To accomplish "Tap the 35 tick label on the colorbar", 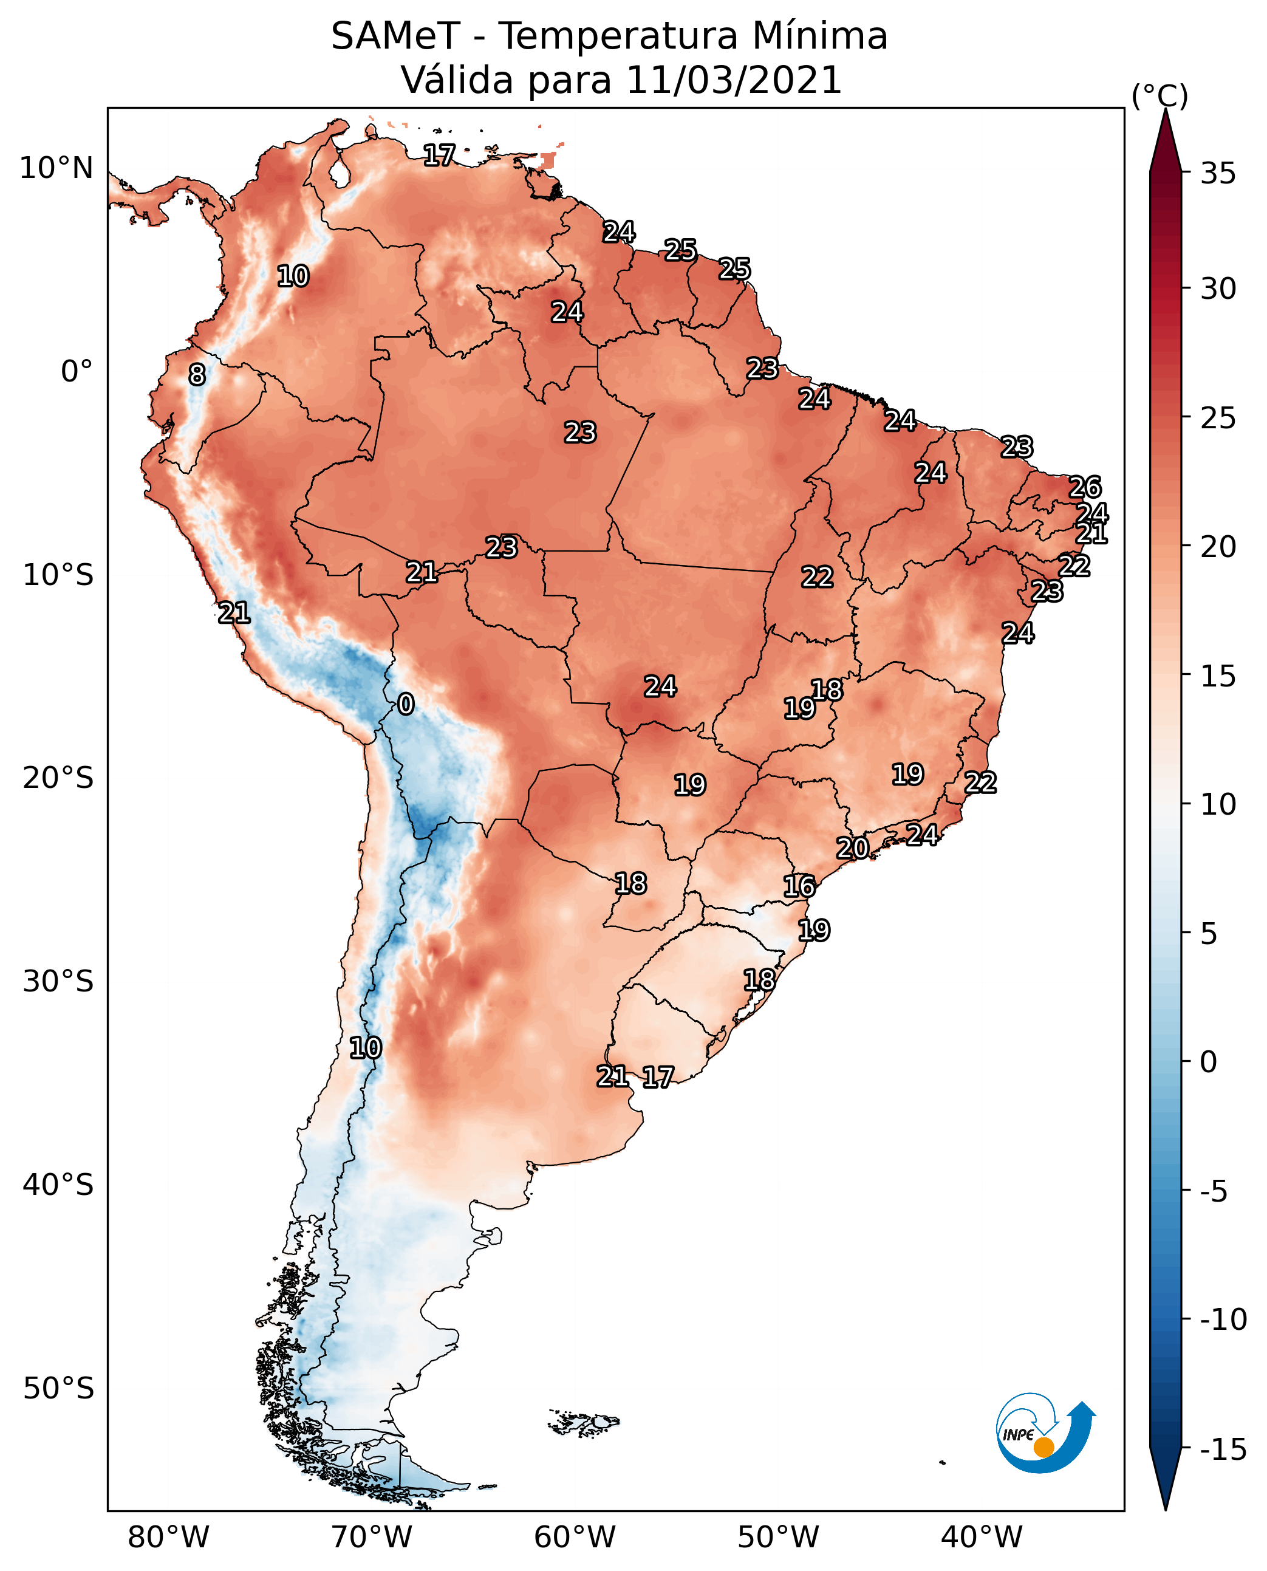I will (1218, 174).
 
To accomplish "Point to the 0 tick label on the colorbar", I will (1209, 1062).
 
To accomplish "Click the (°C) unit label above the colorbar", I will (1159, 95).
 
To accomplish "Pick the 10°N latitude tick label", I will (56, 169).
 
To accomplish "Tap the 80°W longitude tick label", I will (169, 1537).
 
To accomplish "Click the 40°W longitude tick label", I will (982, 1537).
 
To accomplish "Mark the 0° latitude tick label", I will (77, 372).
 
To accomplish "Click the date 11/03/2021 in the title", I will (734, 80).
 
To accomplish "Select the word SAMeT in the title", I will (395, 36).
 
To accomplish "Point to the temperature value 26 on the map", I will (1085, 487).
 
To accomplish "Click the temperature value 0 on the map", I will (406, 703).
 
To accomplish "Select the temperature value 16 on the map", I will (799, 886).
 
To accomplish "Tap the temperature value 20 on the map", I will (852, 848).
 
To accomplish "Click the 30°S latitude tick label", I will (58, 982).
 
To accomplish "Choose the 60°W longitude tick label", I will (575, 1537).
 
